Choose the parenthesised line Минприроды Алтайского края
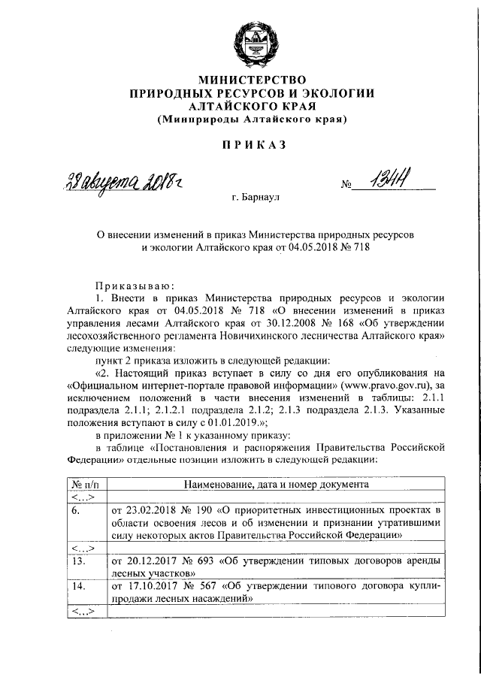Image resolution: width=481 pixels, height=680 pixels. (x=252, y=119)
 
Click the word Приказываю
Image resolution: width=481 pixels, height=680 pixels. (x=135, y=285)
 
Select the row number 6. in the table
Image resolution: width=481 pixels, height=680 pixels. (x=76, y=509)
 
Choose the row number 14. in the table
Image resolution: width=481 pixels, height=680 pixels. (x=77, y=585)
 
